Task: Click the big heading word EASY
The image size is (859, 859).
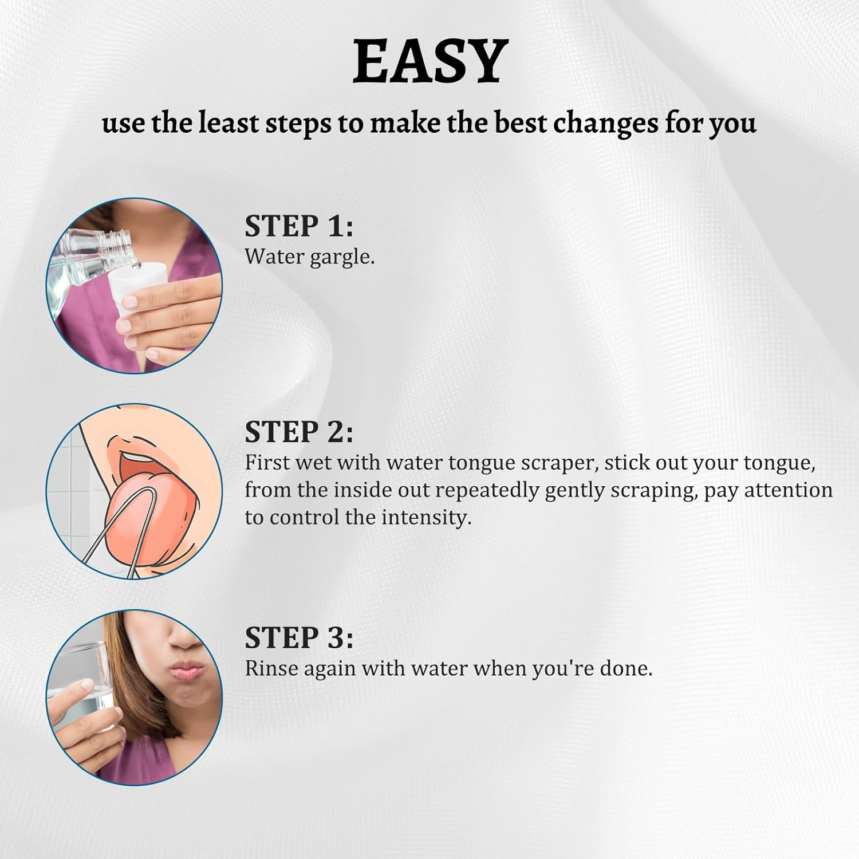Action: tap(429, 62)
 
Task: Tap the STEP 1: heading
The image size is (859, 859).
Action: tap(299, 226)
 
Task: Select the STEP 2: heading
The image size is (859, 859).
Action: tap(299, 432)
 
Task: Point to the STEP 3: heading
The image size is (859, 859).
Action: tap(299, 638)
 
